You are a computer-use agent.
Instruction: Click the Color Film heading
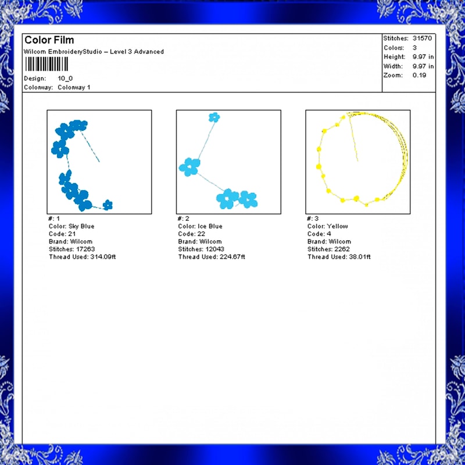49,40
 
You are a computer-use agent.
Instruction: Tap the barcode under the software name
46,64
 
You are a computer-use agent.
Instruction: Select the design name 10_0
65,78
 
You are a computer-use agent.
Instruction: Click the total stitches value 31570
423,38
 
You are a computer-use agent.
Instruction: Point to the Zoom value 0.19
419,76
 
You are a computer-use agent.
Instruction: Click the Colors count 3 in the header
414,48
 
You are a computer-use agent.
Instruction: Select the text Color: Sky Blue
71,226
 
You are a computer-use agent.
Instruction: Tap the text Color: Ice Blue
200,226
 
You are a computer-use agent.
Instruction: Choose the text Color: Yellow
327,226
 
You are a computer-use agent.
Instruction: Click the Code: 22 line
191,234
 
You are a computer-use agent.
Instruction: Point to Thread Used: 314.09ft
82,257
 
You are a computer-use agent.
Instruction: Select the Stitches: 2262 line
328,249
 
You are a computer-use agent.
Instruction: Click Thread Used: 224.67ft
212,257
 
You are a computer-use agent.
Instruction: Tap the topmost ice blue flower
214,117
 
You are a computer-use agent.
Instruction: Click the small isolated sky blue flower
108,205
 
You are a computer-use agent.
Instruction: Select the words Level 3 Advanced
137,52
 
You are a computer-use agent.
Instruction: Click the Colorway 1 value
74,88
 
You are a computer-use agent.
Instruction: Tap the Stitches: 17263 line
71,249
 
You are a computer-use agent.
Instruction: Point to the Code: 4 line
319,234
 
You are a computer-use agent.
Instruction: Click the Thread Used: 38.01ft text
339,257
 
